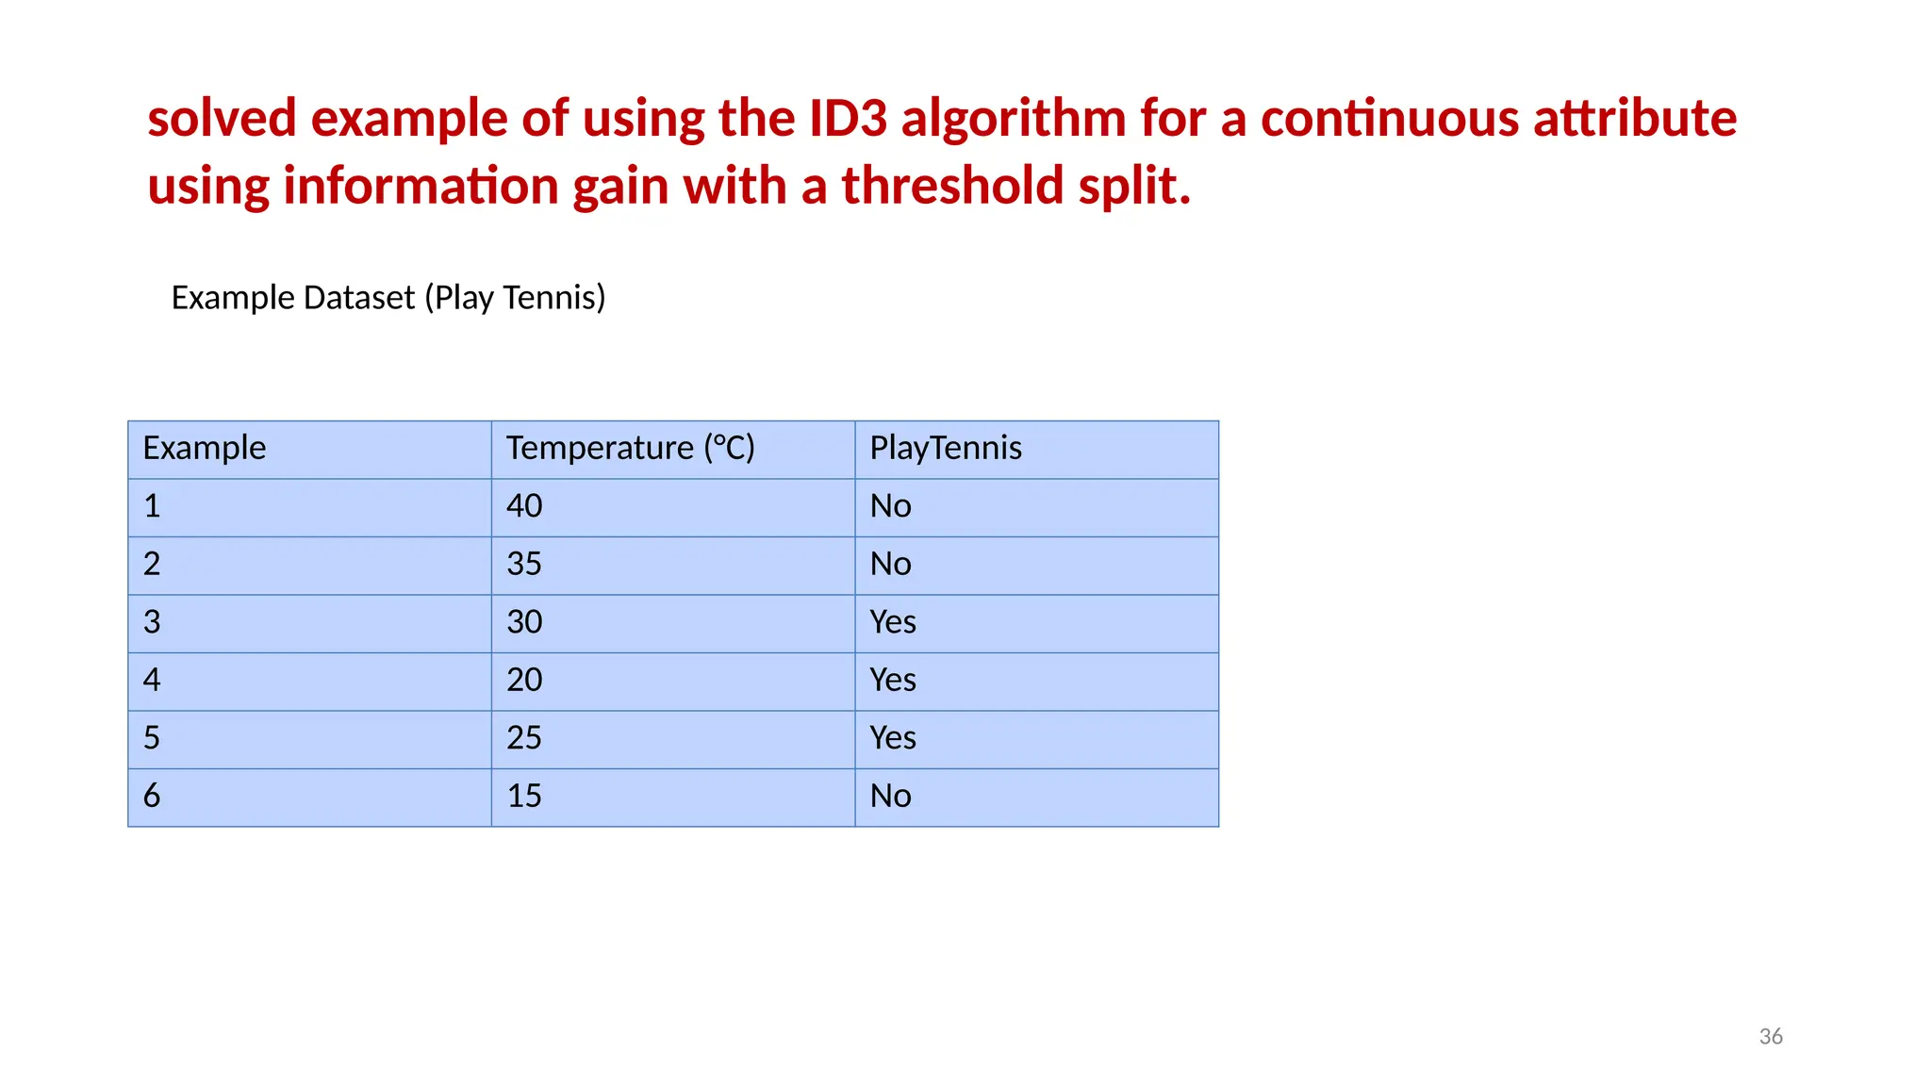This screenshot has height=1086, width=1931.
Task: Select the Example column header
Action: [205, 448]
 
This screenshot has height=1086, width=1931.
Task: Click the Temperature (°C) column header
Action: [630, 448]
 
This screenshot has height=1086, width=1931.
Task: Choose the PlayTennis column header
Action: [945, 448]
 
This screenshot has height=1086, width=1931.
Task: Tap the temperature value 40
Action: [524, 506]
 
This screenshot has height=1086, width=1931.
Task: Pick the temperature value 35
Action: [524, 565]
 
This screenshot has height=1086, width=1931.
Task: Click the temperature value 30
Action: [524, 622]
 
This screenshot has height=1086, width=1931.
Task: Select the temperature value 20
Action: [524, 680]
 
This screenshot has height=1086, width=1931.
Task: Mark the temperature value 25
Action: [524, 738]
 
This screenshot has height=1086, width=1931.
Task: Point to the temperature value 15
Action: [524, 797]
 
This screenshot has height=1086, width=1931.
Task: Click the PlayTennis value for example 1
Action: [890, 506]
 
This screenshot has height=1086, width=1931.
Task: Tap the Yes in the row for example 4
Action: [892, 680]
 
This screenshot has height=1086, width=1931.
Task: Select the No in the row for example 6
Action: [890, 797]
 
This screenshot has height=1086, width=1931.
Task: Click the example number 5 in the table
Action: [152, 738]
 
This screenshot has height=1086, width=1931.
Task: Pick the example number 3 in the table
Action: [152, 622]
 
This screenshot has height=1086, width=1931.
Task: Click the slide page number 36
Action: [1771, 1037]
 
